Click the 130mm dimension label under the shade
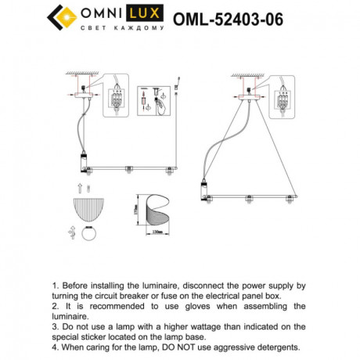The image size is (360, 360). [158, 232]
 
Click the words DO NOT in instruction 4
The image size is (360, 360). [187, 345]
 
